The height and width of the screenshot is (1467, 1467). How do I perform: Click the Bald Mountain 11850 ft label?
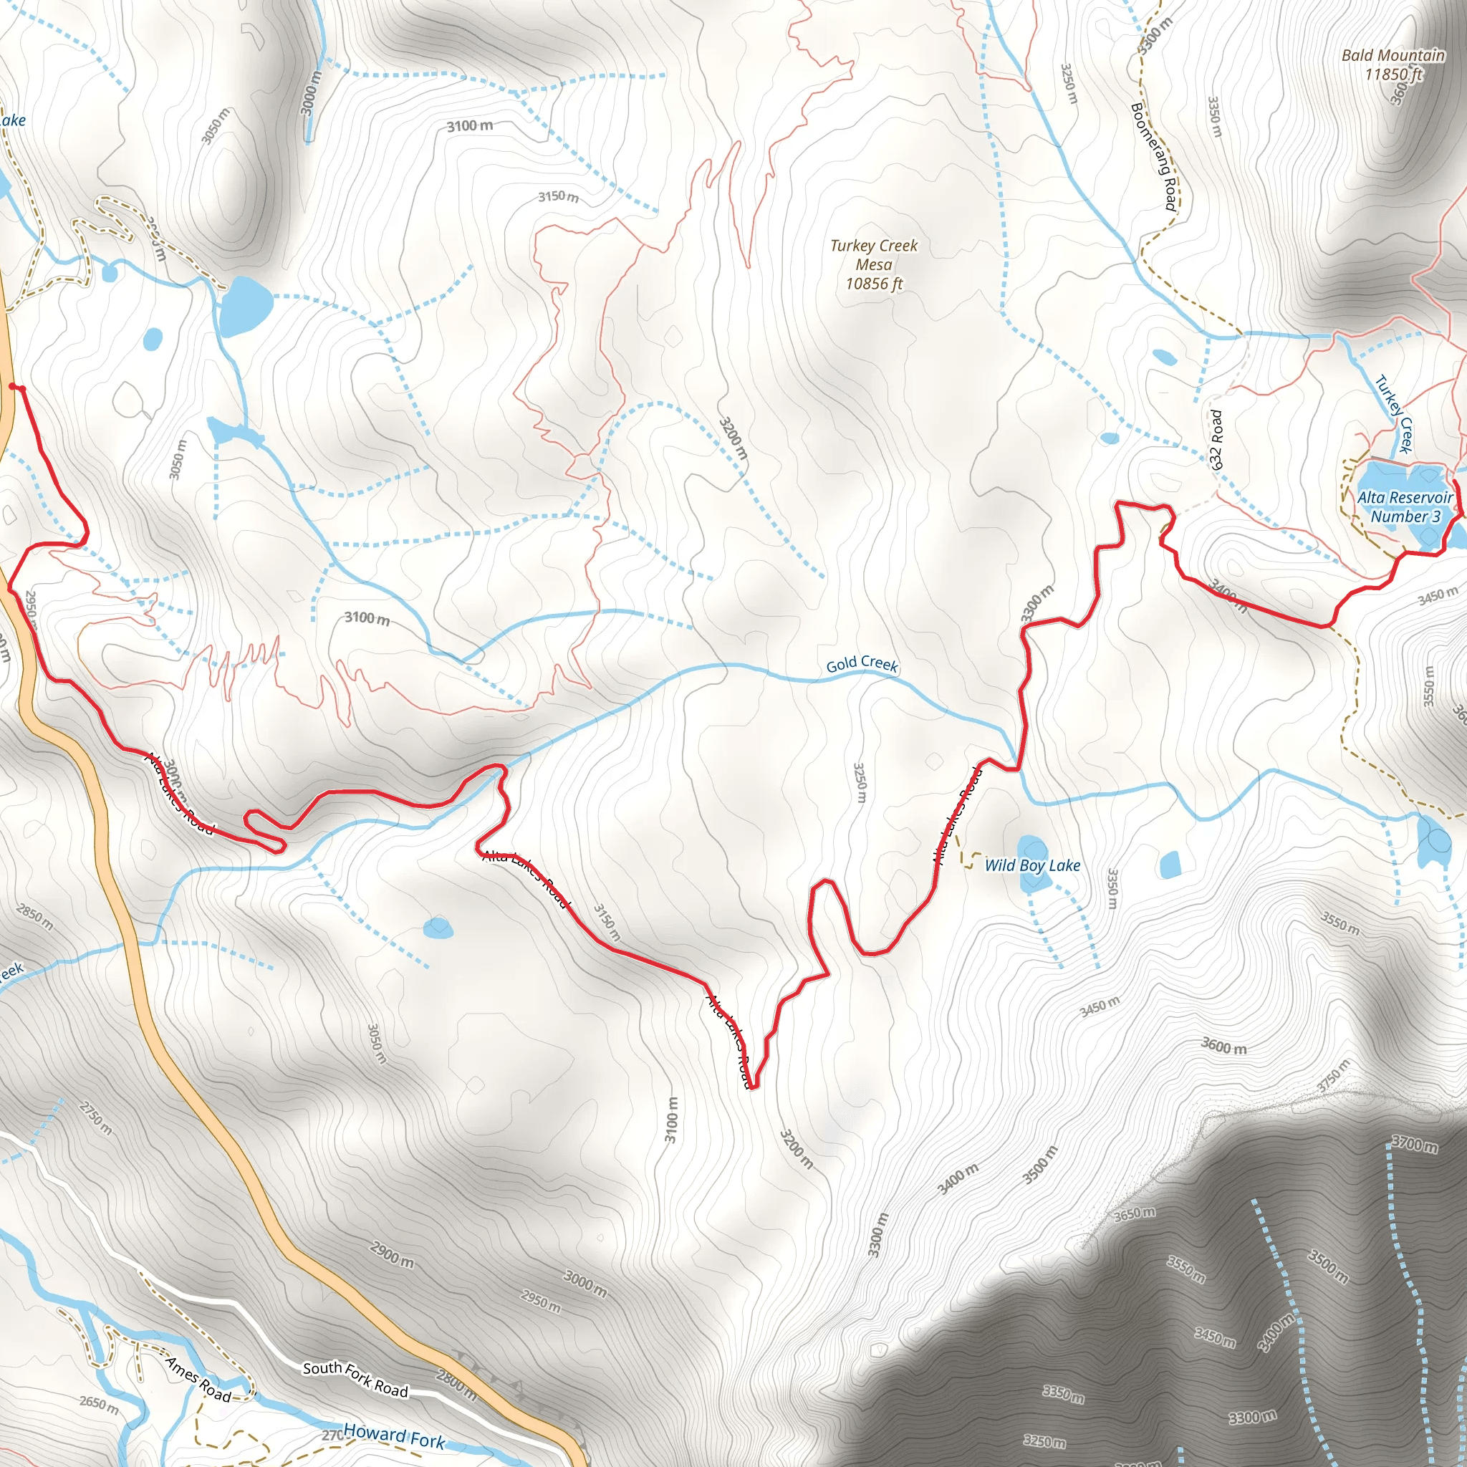pyautogui.click(x=1393, y=64)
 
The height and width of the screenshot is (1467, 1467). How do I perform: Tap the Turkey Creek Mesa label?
pyautogui.click(x=873, y=264)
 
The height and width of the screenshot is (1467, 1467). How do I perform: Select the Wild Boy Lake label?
pyautogui.click(x=1032, y=865)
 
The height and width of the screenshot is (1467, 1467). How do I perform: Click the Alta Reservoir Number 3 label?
pyautogui.click(x=1405, y=506)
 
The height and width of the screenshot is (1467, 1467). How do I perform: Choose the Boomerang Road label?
pyautogui.click(x=1154, y=156)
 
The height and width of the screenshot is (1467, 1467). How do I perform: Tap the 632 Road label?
pyautogui.click(x=1216, y=440)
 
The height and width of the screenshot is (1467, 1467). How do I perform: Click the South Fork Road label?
pyautogui.click(x=355, y=1378)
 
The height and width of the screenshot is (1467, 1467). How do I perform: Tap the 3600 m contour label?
pyautogui.click(x=1223, y=1046)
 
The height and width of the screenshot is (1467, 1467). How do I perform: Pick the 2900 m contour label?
pyautogui.click(x=392, y=1254)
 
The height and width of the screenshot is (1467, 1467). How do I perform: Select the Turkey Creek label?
pyautogui.click(x=1394, y=414)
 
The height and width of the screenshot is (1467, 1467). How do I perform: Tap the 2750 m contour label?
pyautogui.click(x=96, y=1118)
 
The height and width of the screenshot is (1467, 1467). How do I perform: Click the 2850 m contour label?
pyautogui.click(x=35, y=918)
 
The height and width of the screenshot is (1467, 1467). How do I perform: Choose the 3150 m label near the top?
pyautogui.click(x=558, y=197)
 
